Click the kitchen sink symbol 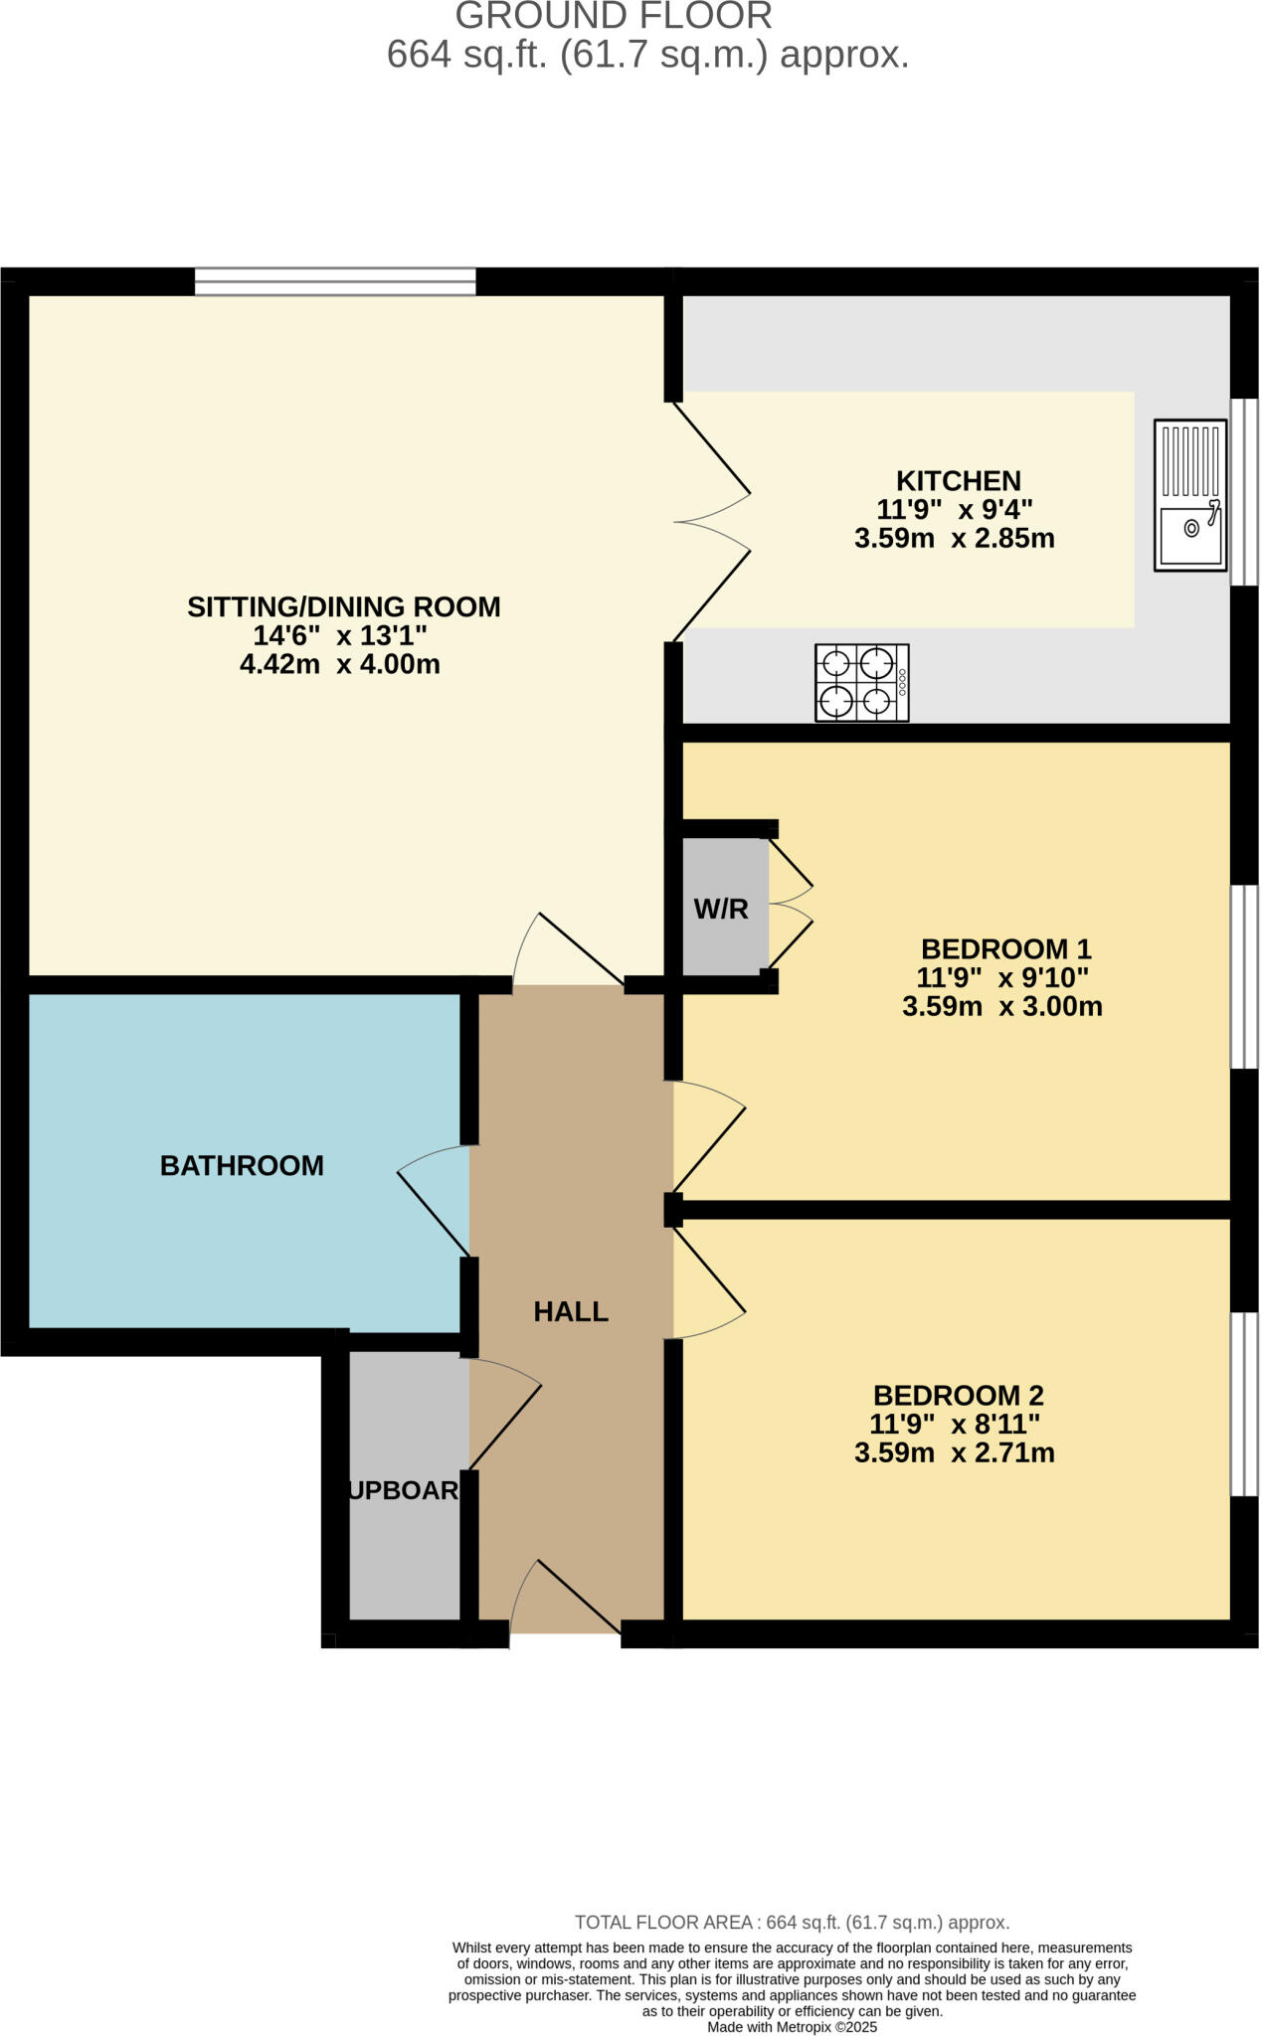tap(1190, 495)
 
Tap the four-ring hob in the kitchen tap(861, 683)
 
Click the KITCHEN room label tap(959, 481)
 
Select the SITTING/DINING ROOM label tap(344, 607)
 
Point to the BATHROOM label tap(242, 1166)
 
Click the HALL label tap(571, 1312)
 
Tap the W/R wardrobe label tap(721, 909)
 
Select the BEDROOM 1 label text tap(1006, 948)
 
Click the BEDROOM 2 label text tap(959, 1396)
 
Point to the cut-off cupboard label tap(404, 1490)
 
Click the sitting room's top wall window tap(335, 282)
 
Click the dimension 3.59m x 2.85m tap(955, 539)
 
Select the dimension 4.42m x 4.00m tap(340, 664)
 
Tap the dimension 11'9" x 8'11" tap(955, 1425)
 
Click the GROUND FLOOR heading tap(614, 16)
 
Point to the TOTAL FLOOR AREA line tap(792, 1922)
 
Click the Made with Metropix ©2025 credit tap(792, 2027)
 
